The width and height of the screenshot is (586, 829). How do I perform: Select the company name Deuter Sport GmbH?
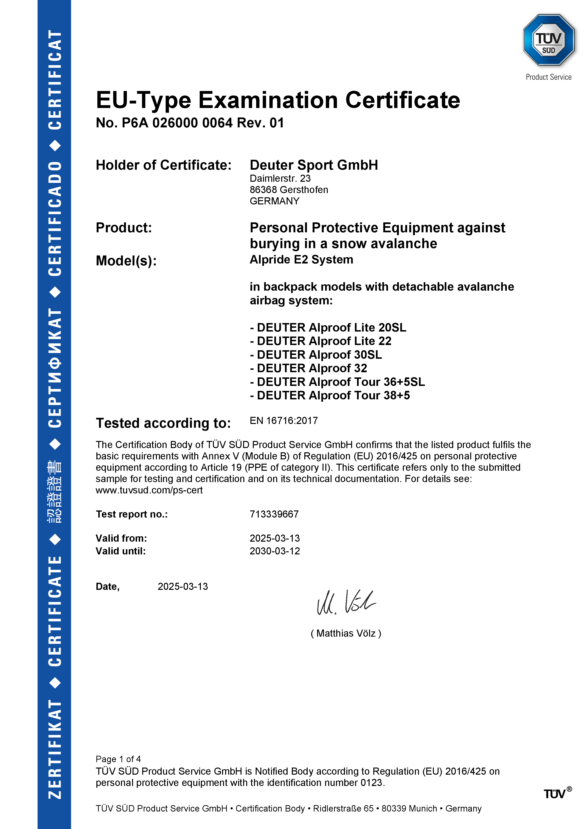314,165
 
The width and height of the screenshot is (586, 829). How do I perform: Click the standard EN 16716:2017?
284,421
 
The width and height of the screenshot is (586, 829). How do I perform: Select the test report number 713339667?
274,514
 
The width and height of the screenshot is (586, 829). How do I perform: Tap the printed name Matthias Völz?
346,633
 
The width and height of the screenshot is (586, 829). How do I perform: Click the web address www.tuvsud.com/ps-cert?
149,490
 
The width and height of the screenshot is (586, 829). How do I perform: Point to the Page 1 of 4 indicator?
118,759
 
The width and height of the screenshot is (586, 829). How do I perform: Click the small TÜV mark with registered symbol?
557,794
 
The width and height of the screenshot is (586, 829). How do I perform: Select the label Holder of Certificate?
164,165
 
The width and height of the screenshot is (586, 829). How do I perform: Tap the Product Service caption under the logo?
548,77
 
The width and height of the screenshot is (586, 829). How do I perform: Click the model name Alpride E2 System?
302,260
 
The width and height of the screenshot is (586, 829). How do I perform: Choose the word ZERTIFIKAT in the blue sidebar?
55,749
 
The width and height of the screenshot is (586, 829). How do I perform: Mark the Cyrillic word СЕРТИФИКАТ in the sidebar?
55,368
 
